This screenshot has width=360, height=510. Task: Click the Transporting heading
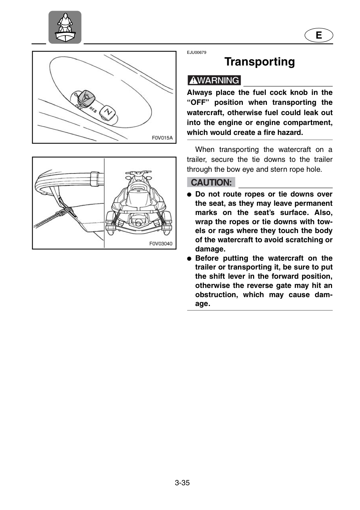(260, 62)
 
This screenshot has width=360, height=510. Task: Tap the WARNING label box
(214, 80)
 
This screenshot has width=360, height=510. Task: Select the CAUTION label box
(211, 182)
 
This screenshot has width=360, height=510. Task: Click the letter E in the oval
(319, 35)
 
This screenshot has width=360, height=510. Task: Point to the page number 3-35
(182, 483)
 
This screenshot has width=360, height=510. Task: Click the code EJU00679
(196, 52)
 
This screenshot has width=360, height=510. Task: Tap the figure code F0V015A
(162, 138)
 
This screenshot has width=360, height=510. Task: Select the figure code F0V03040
(161, 244)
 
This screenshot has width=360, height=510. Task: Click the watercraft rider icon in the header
(65, 27)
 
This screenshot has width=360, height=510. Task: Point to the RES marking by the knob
(93, 110)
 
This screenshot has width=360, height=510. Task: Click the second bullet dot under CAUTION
(189, 259)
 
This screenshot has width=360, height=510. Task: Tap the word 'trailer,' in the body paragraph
(196, 160)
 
